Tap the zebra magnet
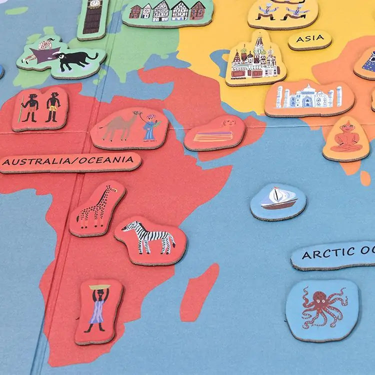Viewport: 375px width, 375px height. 150,238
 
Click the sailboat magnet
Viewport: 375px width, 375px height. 278,199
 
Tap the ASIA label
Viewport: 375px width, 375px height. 310,39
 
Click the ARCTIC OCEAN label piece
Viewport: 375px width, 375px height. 335,254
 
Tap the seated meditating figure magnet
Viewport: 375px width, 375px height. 345,138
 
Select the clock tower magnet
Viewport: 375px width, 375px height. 92,17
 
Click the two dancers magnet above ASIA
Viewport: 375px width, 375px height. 282,12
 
